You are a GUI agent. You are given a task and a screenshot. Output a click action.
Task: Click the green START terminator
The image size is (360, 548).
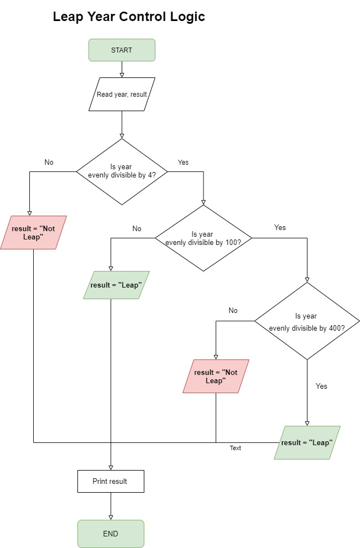click(x=122, y=50)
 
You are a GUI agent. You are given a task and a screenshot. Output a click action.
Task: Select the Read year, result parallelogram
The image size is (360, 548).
click(x=122, y=94)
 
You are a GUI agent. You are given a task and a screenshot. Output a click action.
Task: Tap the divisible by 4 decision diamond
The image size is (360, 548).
click(x=122, y=171)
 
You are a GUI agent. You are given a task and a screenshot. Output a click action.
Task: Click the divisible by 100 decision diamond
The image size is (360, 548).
click(x=204, y=238)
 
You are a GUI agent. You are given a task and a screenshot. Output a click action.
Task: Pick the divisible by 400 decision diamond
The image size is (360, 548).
click(x=307, y=321)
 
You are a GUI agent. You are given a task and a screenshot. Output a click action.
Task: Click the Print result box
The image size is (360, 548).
click(x=111, y=481)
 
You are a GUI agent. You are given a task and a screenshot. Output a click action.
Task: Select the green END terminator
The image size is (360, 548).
click(x=111, y=534)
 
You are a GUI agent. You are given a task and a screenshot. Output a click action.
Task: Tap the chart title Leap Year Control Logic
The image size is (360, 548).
click(x=129, y=17)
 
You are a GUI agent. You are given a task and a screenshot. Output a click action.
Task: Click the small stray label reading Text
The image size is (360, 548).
click(x=236, y=448)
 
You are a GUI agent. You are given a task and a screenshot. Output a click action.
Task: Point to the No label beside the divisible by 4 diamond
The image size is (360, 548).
click(x=49, y=162)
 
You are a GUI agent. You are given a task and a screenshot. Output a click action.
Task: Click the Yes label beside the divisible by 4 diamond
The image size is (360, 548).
click(x=183, y=162)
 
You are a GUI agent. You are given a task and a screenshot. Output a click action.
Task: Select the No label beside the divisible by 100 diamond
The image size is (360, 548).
click(x=137, y=228)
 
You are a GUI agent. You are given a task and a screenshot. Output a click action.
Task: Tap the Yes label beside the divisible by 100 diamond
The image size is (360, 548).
click(x=280, y=227)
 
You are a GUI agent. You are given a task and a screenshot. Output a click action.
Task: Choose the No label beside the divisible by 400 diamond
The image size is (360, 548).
click(x=233, y=310)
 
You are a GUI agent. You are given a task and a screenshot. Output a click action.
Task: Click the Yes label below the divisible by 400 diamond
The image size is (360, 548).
click(x=321, y=386)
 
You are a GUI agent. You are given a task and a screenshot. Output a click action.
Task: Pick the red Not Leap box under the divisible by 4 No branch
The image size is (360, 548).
click(x=33, y=232)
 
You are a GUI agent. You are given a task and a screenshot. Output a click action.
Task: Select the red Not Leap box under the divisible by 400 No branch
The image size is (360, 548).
click(x=216, y=376)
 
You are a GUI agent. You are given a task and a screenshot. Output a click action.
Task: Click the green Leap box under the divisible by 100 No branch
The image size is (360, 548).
click(x=116, y=285)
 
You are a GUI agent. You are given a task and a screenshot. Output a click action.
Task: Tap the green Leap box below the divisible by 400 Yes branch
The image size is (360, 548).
click(x=307, y=442)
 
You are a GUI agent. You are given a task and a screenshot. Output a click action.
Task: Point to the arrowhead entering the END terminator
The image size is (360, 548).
click(x=111, y=517)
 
